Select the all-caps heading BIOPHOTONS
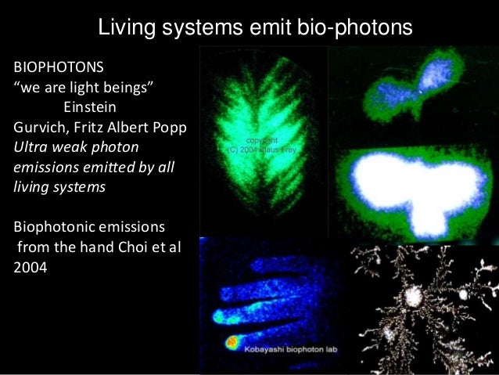(x=59, y=64)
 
